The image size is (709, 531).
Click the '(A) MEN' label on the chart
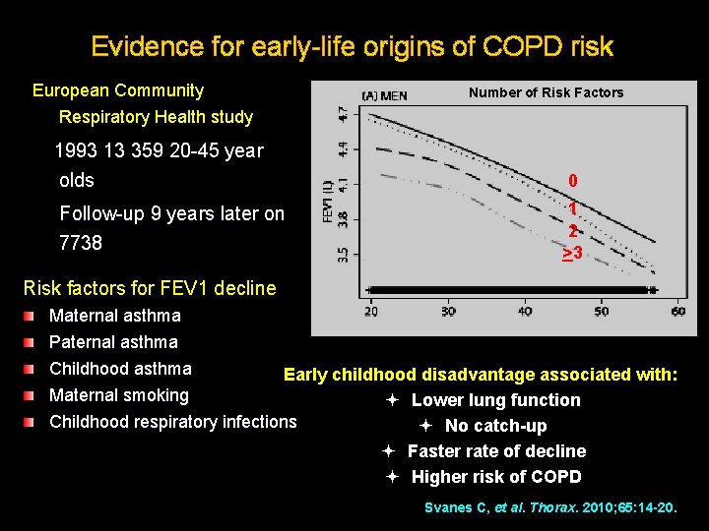pyautogui.click(x=384, y=95)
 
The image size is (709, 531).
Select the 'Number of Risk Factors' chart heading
pyautogui.click(x=546, y=92)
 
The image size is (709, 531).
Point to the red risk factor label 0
pyautogui.click(x=572, y=181)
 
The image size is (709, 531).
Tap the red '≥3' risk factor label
pyautogui.click(x=572, y=254)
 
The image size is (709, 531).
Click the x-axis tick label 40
pyautogui.click(x=524, y=312)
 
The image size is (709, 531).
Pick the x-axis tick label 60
pyautogui.click(x=677, y=312)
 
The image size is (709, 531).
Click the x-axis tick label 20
pyautogui.click(x=370, y=312)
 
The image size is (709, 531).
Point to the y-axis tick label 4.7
pyautogui.click(x=343, y=114)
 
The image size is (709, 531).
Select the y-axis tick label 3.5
pyautogui.click(x=343, y=255)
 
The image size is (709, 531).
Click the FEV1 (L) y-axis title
pyautogui.click(x=327, y=202)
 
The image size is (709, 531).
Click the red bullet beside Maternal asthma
pyautogui.click(x=32, y=317)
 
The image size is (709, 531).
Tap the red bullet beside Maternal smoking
pyautogui.click(x=32, y=396)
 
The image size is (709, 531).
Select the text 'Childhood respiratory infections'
pyautogui.click(x=172, y=422)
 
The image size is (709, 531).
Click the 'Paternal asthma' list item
pyautogui.click(x=113, y=342)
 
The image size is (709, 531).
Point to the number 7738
pyautogui.click(x=81, y=242)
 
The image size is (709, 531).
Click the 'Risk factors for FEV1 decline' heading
pyautogui.click(x=149, y=288)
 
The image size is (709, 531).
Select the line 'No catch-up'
pyautogui.click(x=495, y=426)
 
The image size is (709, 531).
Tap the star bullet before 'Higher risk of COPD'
pyautogui.click(x=391, y=477)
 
